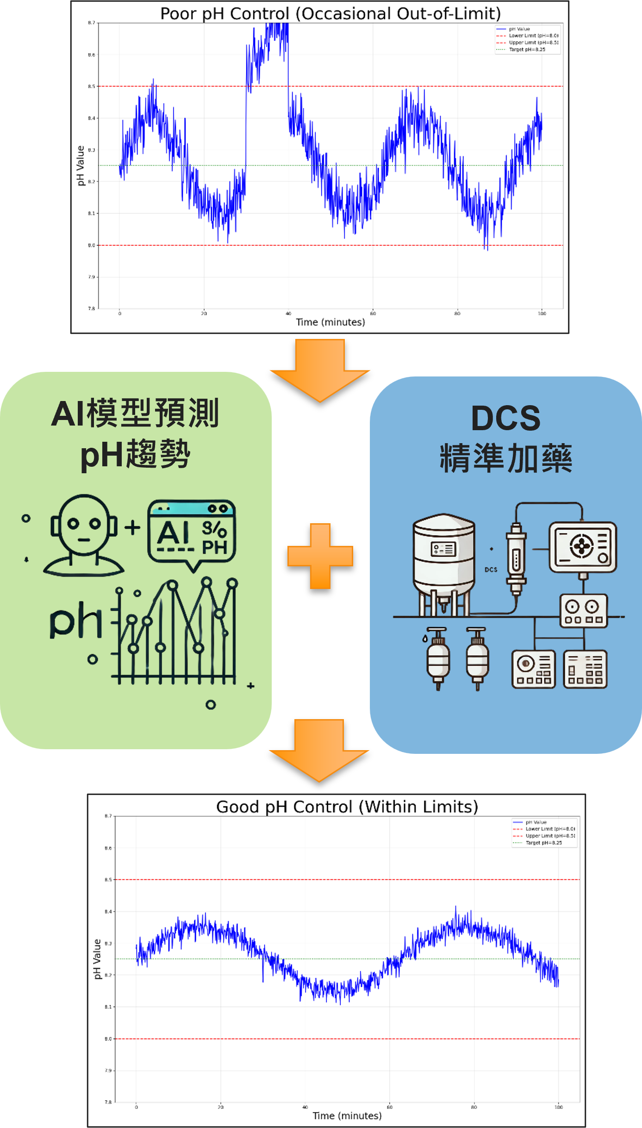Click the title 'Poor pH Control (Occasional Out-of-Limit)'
(x=330, y=13)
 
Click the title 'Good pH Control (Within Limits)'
(x=347, y=807)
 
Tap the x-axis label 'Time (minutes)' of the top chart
(x=330, y=322)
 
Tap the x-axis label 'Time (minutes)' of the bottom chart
(x=347, y=1115)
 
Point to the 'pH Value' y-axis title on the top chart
(x=81, y=165)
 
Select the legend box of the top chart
(x=528, y=39)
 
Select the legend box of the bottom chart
(x=544, y=833)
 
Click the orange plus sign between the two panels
(x=320, y=556)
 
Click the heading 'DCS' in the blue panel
(x=506, y=418)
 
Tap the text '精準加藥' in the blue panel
(x=506, y=458)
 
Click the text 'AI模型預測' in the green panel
(x=135, y=414)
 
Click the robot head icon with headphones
(x=83, y=535)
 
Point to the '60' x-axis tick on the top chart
(x=373, y=313)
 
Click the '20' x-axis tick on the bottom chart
(x=221, y=1107)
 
